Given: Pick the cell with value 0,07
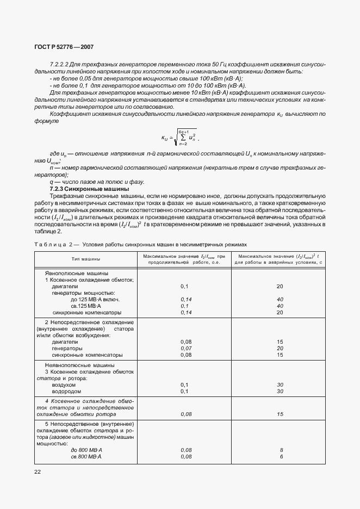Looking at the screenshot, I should click(185, 348).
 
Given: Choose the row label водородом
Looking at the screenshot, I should click(66, 391).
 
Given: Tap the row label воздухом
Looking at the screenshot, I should click(65, 384).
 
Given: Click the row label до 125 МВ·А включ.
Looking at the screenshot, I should click(95, 299).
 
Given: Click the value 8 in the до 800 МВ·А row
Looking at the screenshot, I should click(281, 450).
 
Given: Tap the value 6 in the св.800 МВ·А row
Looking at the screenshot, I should click(281, 456).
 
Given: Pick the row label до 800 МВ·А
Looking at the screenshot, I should click(86, 450).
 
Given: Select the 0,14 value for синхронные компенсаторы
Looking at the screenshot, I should click(185, 313).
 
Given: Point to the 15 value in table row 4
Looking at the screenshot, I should click(280, 414).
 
